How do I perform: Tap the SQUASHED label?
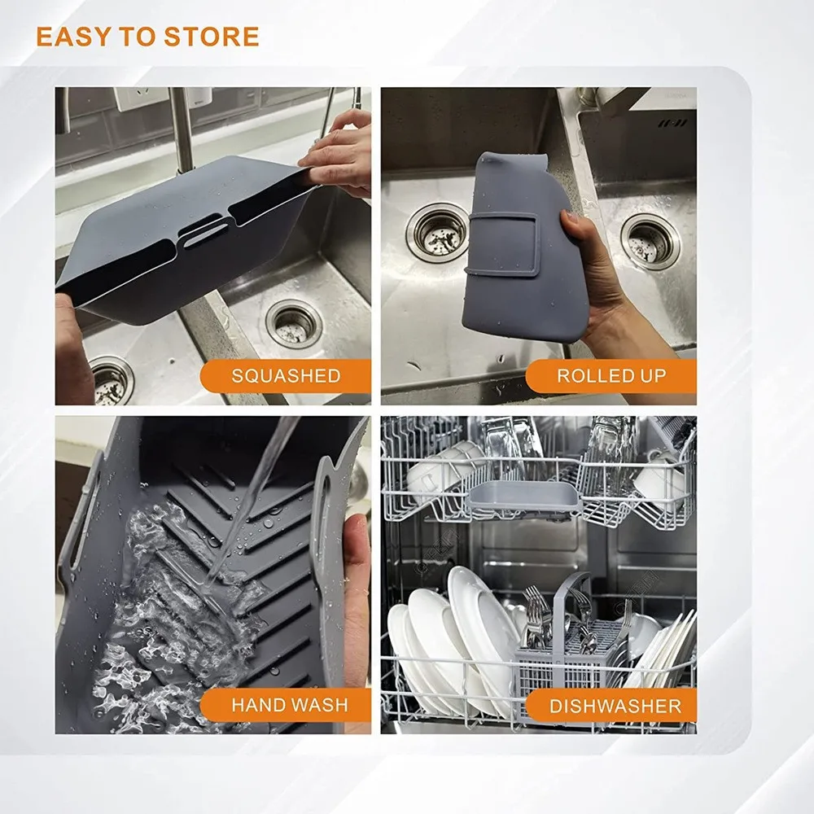(x=286, y=376)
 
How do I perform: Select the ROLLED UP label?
(x=611, y=376)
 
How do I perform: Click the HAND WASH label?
(x=290, y=705)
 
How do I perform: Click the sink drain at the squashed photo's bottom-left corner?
(x=111, y=380)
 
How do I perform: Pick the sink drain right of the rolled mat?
(x=650, y=241)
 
